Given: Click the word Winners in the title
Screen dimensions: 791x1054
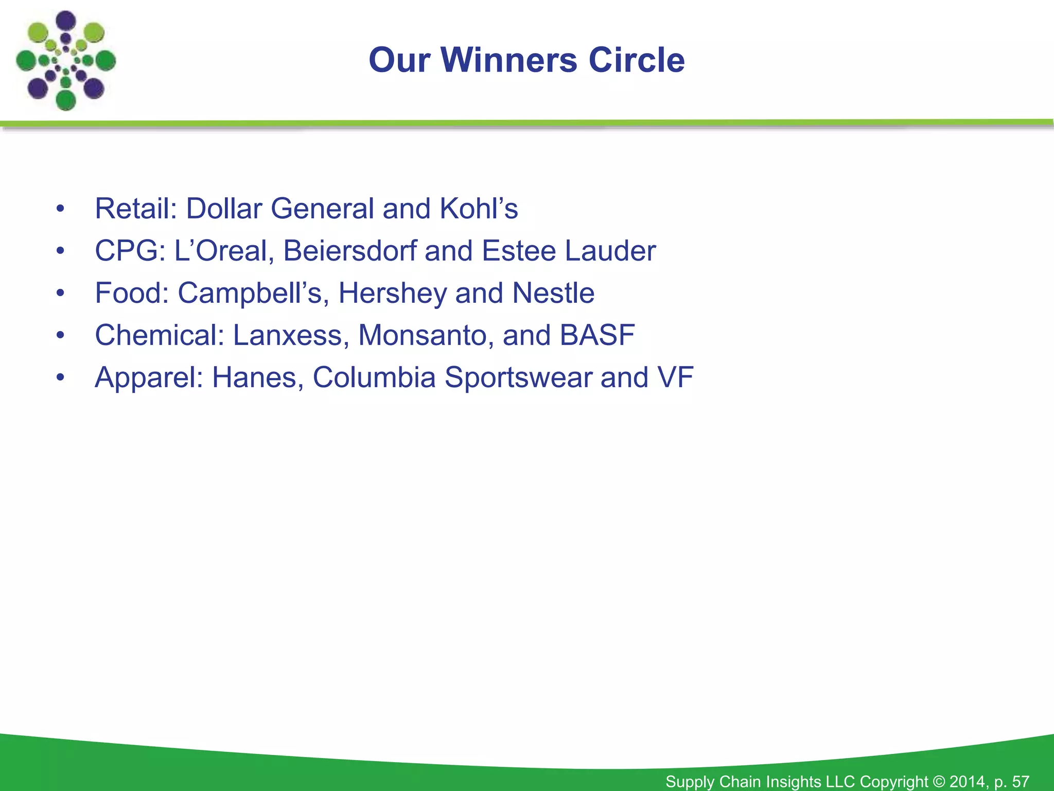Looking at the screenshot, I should pos(509,60).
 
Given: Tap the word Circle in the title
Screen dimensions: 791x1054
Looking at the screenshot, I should pos(636,60).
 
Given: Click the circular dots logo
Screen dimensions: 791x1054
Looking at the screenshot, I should pos(66,61).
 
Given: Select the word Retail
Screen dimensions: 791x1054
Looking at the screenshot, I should pos(135,209).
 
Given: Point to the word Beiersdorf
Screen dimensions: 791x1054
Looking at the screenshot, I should pos(349,251).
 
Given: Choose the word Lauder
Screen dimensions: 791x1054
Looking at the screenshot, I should pos(610,251).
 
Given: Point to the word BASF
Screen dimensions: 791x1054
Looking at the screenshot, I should pos(597,335).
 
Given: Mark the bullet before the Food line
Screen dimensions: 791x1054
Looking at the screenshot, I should pos(61,294).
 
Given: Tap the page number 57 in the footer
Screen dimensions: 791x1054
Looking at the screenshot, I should pos(1021,782).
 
